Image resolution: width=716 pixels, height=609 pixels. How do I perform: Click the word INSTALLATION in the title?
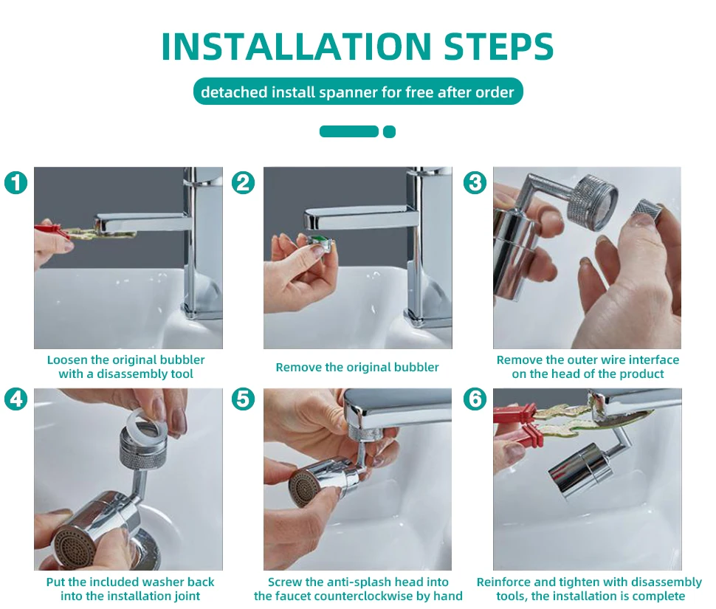coord(296,47)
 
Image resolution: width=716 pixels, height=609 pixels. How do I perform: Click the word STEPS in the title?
coord(499,47)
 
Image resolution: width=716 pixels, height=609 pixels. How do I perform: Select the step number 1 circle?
coord(16,182)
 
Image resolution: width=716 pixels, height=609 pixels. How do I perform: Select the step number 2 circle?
coord(243,182)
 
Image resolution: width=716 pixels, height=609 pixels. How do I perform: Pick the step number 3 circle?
coord(475,182)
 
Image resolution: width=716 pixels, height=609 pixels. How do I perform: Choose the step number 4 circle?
coord(16,399)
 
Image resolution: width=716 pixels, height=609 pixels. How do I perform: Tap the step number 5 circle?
coord(243,399)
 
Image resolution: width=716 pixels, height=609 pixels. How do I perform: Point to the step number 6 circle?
coord(475,399)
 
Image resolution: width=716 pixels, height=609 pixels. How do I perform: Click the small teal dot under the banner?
coord(390,131)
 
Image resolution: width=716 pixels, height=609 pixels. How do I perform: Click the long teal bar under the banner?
coord(349,131)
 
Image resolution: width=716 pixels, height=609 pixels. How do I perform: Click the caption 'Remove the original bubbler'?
coord(357,367)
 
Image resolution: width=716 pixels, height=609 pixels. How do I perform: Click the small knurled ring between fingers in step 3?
coord(646,210)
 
